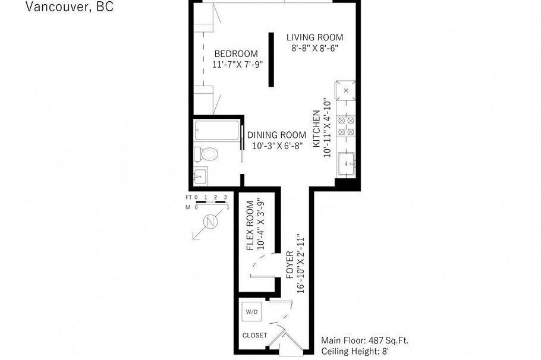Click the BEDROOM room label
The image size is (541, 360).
click(236, 53)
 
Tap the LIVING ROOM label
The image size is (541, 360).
click(314, 37)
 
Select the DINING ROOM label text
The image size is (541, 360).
click(278, 135)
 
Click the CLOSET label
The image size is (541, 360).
click(254, 335)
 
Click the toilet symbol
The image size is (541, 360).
click(207, 154)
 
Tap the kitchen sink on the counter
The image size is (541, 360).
click(346, 163)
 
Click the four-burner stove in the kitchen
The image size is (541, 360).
click(346, 125)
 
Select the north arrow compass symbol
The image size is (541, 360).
click(208, 223)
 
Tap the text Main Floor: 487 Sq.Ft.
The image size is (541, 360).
click(364, 341)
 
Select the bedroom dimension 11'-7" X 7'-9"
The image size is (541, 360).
click(238, 64)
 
